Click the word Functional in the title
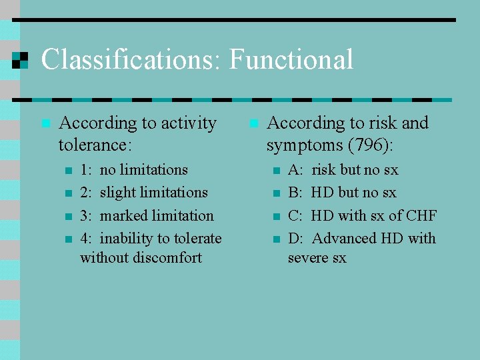coord(291,60)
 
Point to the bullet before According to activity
coord(45,123)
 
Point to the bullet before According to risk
coord(253,123)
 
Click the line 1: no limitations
coord(134,170)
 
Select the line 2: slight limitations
coord(143,193)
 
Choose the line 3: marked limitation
coord(147,216)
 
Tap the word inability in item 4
coord(127,239)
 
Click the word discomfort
coord(167,257)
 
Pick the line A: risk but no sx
coord(343,170)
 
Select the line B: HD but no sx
coord(341,193)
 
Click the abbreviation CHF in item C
coord(421,216)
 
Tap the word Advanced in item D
coord(343,239)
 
